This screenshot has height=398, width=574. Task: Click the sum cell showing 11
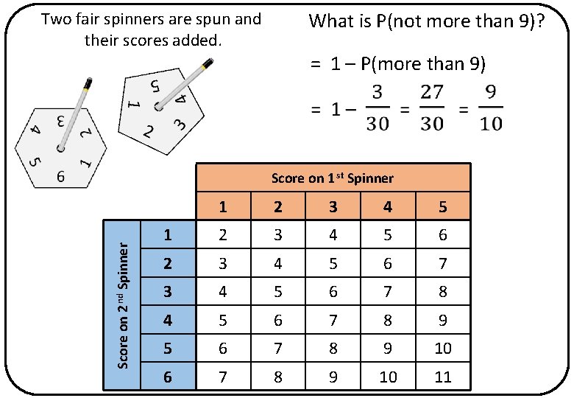tap(443, 377)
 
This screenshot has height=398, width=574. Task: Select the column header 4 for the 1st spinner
tap(388, 207)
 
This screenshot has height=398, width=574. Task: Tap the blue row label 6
tap(168, 377)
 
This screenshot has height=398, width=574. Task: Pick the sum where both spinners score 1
tap(222, 235)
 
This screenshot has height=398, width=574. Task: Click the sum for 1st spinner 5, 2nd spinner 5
tap(443, 348)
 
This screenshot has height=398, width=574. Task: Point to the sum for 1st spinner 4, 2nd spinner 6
tap(388, 377)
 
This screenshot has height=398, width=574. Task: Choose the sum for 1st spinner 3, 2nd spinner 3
tap(333, 291)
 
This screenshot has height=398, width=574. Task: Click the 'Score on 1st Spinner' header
tap(333, 178)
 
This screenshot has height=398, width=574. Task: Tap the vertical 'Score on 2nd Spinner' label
tap(124, 304)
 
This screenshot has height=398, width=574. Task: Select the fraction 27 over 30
tap(431, 108)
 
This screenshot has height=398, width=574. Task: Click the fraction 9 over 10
tap(490, 108)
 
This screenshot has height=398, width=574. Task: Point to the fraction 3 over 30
tap(377, 108)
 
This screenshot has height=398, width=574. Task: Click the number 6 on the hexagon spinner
tap(61, 177)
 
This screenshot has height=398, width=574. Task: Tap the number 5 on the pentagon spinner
tap(155, 85)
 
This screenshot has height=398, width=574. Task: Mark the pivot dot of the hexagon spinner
tap(60, 149)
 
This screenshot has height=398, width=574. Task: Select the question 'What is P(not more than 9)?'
tap(427, 21)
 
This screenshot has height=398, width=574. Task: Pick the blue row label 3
tap(168, 291)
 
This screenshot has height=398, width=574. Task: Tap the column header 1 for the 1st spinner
tap(222, 207)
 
